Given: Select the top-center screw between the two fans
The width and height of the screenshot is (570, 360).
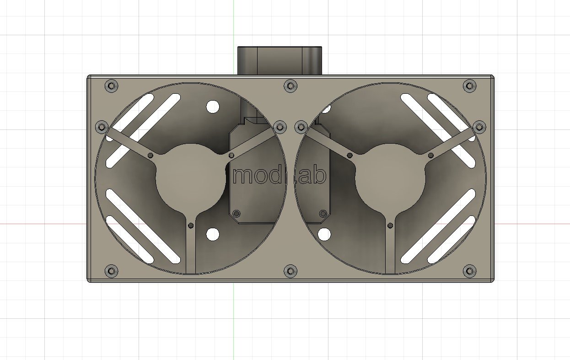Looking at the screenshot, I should click(x=290, y=86).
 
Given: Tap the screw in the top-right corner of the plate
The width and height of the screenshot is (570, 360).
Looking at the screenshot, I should click(x=469, y=86).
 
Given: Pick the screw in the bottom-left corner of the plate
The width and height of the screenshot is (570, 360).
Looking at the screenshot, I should click(x=110, y=271).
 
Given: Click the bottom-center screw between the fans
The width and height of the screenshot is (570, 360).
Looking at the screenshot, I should click(x=290, y=271).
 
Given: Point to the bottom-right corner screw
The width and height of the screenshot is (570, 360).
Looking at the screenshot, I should click(x=469, y=271).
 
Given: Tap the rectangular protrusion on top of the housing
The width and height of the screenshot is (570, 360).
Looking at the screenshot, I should click(x=280, y=60).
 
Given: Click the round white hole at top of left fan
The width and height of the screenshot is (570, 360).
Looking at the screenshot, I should click(x=212, y=107).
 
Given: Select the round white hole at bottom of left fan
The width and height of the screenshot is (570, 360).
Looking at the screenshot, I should click(x=212, y=235).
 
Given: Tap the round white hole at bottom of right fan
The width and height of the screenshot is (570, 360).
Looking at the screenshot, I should click(x=324, y=235).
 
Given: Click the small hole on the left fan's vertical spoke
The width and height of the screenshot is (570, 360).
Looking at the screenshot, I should click(x=191, y=226).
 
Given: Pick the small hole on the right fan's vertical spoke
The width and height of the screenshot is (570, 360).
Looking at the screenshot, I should click(x=390, y=226).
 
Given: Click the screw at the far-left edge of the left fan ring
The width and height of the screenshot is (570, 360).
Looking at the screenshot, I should click(x=102, y=127).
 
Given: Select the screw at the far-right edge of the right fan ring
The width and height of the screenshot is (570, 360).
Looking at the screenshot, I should click(x=479, y=127).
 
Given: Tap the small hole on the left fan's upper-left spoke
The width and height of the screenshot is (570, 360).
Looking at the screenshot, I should click(x=151, y=156).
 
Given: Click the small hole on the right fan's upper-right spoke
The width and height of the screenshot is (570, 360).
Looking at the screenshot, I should click(x=430, y=156).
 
